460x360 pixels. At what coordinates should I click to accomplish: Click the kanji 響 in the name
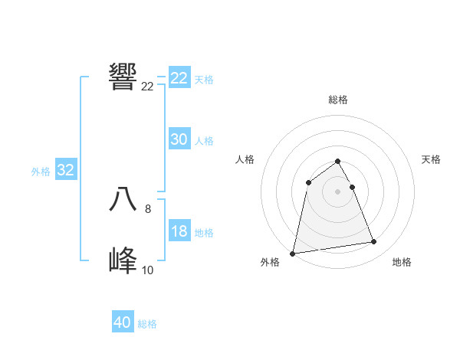click(123, 77)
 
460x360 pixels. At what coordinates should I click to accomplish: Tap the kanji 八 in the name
click(123, 199)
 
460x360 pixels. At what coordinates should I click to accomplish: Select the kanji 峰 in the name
click(123, 261)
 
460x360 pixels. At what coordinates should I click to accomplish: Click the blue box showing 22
click(179, 78)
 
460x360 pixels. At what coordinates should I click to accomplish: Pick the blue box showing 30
click(179, 139)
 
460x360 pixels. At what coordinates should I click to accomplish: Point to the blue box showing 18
click(179, 231)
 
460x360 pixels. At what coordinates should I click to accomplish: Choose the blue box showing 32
click(65, 170)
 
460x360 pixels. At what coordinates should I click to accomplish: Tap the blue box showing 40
click(122, 322)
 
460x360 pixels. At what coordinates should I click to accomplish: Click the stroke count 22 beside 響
click(147, 87)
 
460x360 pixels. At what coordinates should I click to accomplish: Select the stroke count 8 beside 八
click(147, 208)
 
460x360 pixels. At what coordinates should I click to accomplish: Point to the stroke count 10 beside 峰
click(147, 270)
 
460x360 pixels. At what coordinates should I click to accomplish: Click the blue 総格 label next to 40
click(147, 324)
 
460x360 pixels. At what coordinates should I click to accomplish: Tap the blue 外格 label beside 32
click(41, 172)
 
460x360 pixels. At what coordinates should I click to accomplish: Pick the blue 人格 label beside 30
click(204, 141)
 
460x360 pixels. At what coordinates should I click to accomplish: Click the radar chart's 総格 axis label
click(338, 100)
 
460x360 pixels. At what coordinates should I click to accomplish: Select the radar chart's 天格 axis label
click(432, 159)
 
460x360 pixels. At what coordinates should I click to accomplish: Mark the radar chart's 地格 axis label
click(402, 262)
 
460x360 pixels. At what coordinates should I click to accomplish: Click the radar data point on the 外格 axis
click(293, 253)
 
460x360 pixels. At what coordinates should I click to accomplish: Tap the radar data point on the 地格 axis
click(374, 242)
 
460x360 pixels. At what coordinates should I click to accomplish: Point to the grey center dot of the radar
click(337, 191)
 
